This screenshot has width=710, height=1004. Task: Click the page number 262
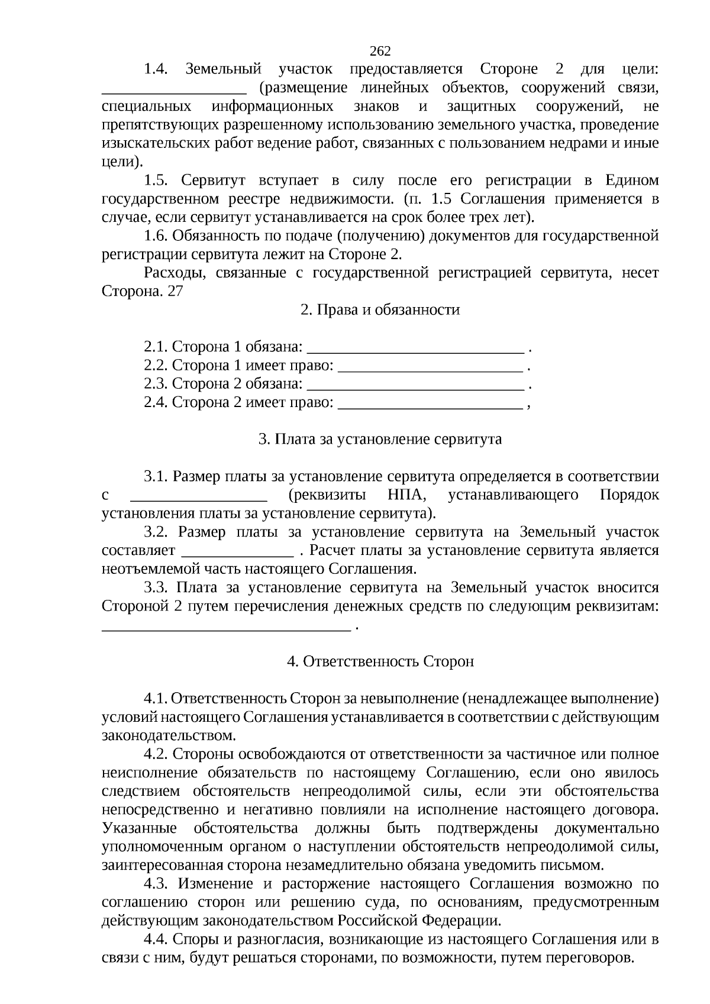380,51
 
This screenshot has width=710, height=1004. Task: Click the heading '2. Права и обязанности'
380,310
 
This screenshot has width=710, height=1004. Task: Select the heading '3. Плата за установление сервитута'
380,440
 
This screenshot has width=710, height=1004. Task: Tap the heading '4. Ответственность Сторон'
380,661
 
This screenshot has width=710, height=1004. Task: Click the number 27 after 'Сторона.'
175,292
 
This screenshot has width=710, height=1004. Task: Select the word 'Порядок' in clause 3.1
629,495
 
